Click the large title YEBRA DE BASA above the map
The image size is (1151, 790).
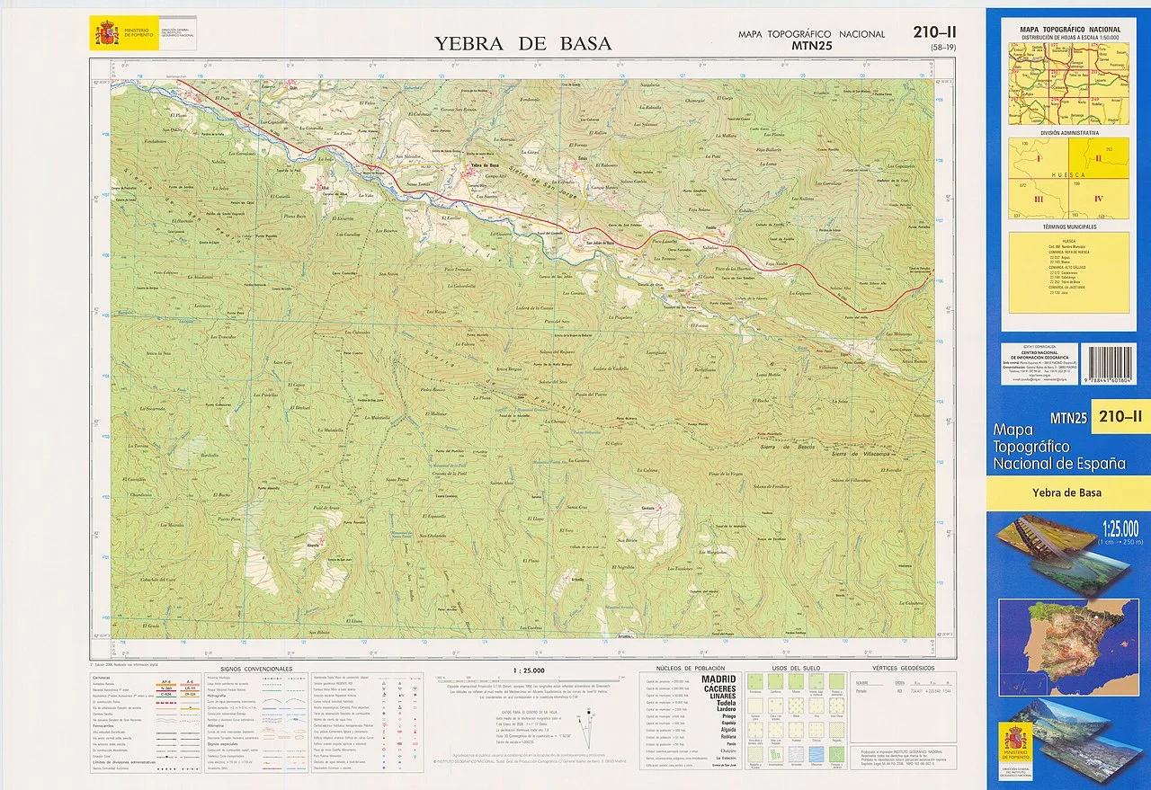[x=522, y=43]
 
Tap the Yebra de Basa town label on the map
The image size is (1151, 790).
[x=483, y=165]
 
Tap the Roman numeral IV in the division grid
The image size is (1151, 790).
[x=1098, y=199]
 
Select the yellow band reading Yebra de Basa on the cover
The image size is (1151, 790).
[x=1067, y=493]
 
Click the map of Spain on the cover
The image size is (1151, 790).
[x=1067, y=635]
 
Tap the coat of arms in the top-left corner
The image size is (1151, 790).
[x=107, y=35]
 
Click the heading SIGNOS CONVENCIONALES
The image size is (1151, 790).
[x=257, y=670]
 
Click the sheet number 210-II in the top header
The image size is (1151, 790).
[x=933, y=33]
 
